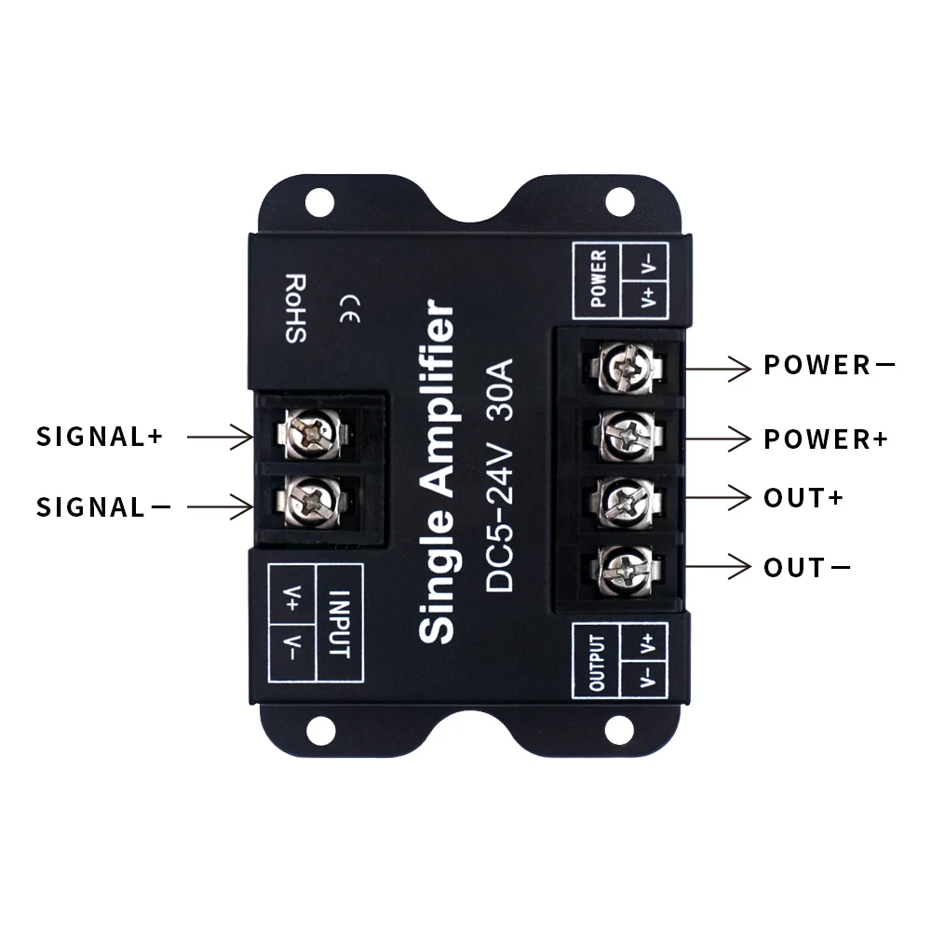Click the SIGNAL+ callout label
99,436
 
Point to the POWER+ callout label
826,439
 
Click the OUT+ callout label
803,497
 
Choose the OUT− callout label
806,567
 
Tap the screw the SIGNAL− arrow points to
307,498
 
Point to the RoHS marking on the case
295,308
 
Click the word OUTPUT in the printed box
597,663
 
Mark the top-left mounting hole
319,198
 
